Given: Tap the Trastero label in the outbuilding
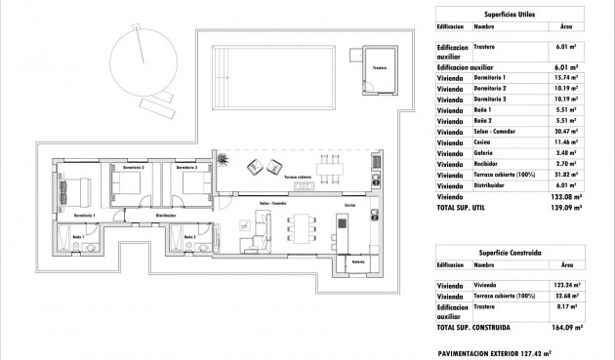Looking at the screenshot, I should (379, 68).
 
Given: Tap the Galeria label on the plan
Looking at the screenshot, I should (358, 260).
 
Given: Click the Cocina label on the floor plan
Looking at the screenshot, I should (350, 207).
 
